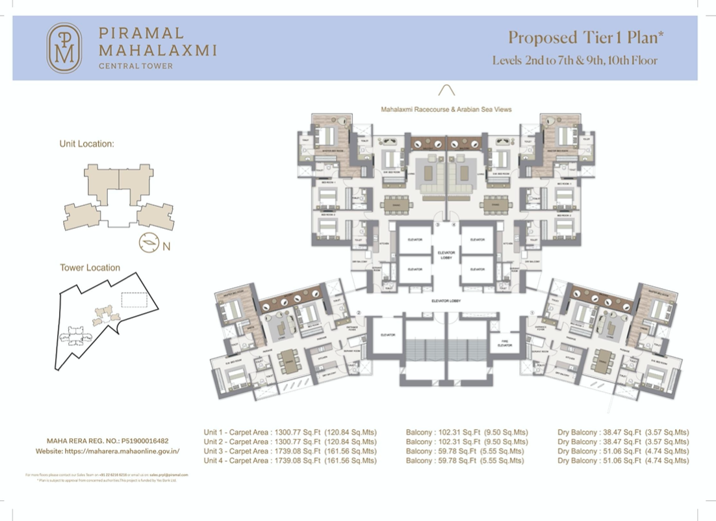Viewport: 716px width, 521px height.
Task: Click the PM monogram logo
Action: (x=64, y=48)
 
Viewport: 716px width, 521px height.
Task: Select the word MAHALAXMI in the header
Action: (x=157, y=49)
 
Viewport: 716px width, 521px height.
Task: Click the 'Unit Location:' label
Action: (x=86, y=144)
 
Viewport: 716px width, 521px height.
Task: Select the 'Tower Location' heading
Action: (x=90, y=267)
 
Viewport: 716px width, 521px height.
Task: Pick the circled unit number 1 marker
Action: (x=532, y=312)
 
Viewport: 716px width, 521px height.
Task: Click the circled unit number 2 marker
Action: (x=359, y=312)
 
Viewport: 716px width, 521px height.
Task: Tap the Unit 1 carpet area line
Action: (x=290, y=432)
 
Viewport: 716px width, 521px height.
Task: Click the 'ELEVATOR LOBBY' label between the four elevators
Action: (x=446, y=255)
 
